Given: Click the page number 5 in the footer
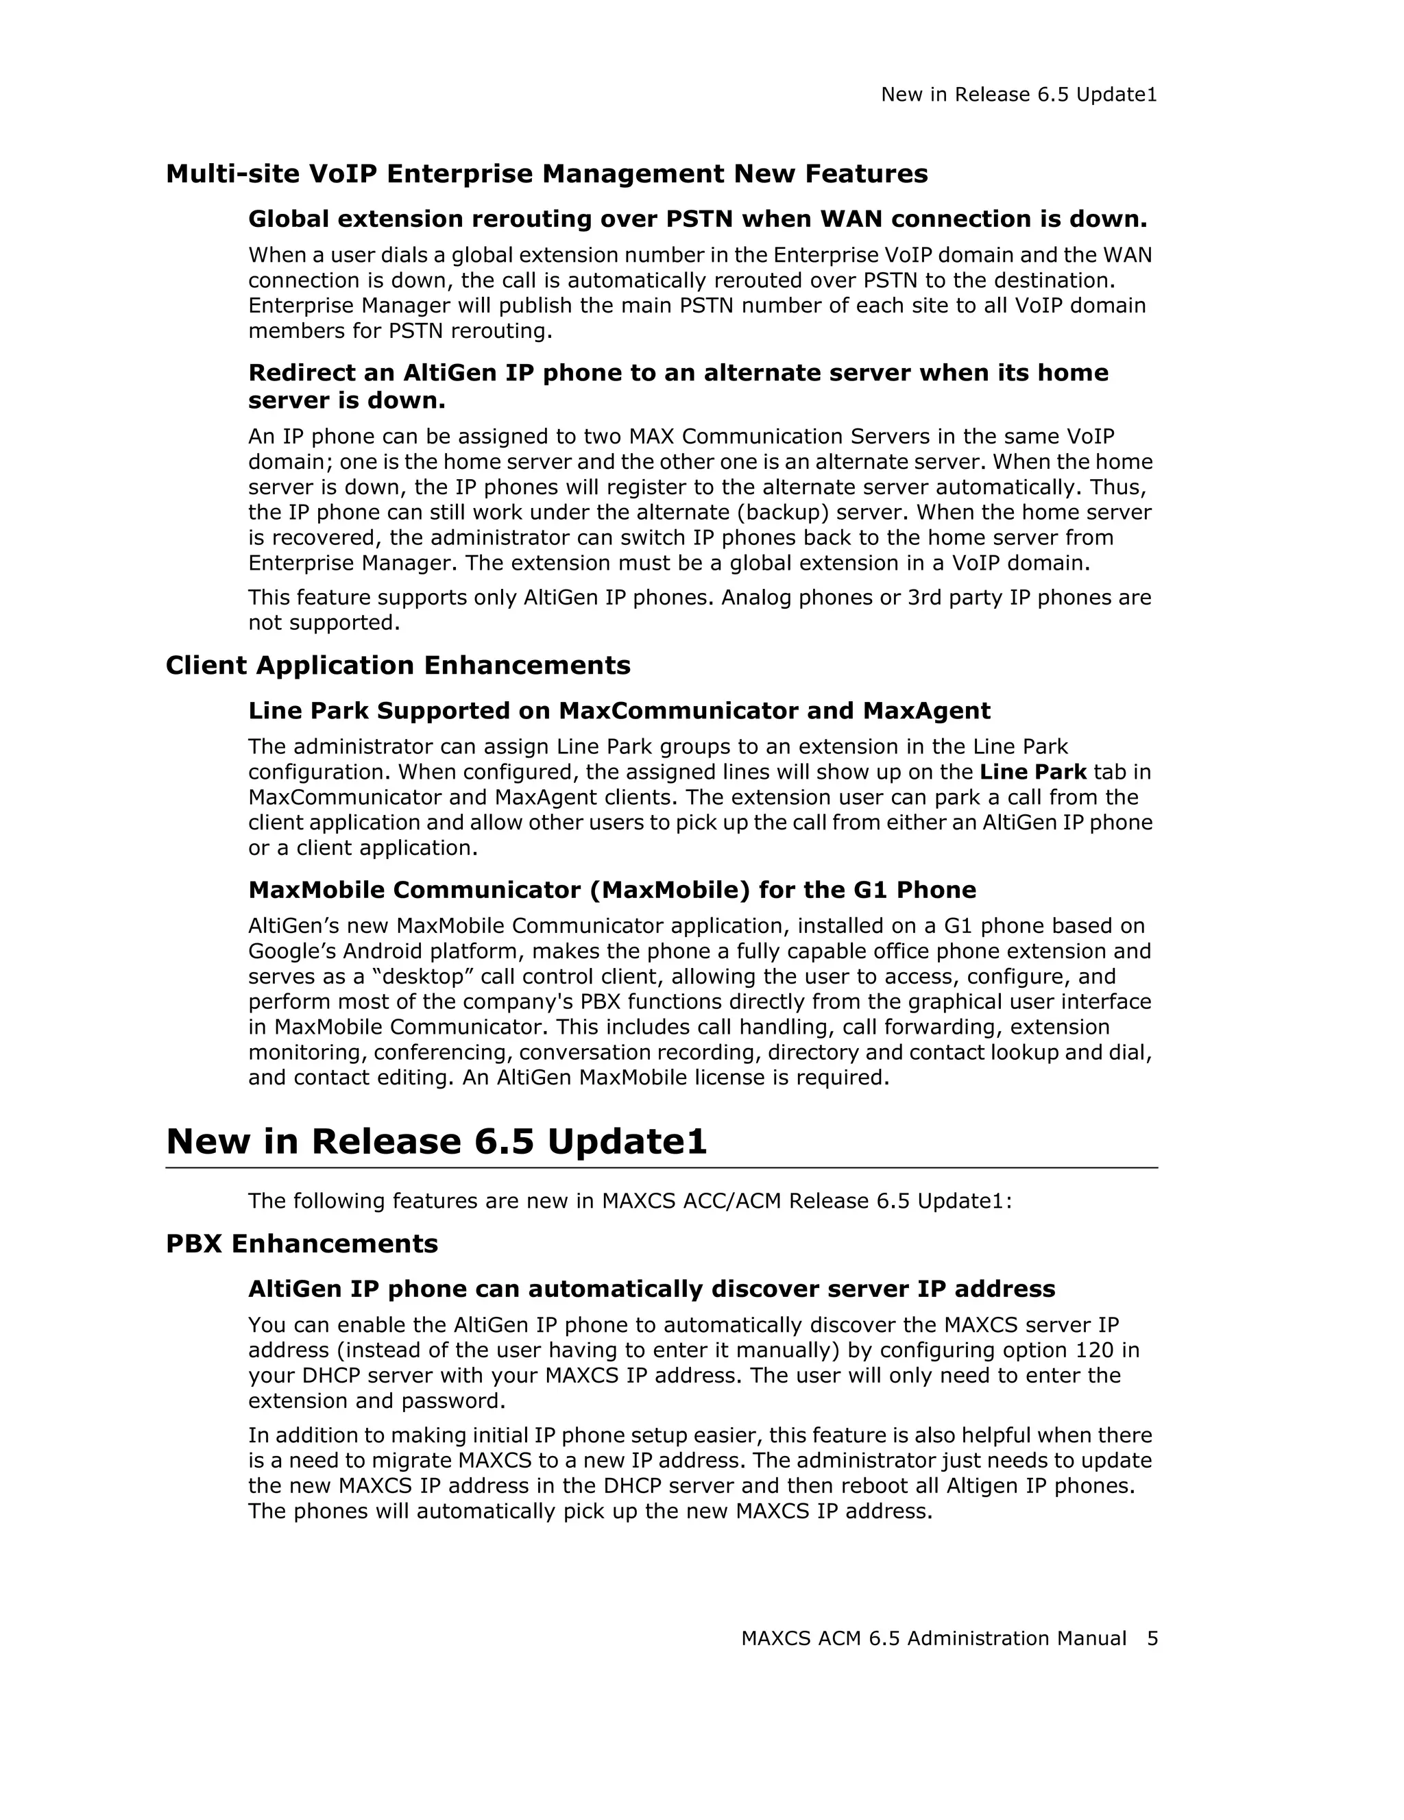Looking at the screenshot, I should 1152,1638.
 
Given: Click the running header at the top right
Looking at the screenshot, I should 1019,95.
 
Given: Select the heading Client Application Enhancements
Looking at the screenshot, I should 398,665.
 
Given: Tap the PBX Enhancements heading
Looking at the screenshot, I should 302,1243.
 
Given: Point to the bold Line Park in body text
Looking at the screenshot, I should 1032,772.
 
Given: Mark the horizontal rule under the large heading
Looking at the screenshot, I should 662,1167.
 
